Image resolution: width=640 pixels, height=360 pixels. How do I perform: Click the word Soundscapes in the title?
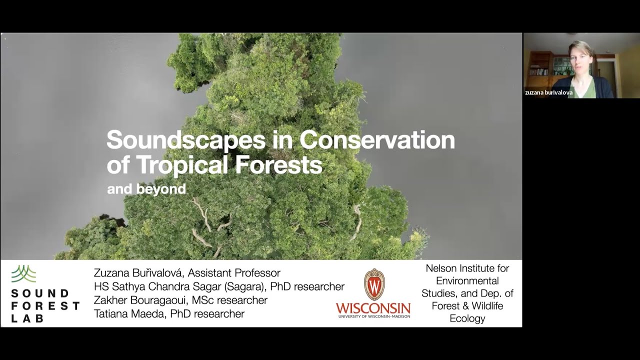pos(185,140)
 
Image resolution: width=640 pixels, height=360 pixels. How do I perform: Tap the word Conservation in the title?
pos(377,140)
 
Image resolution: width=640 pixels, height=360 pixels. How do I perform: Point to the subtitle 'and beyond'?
pos(146,189)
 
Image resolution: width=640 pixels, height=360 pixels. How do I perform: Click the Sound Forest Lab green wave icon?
pos(23,274)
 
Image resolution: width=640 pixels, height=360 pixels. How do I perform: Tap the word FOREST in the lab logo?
pos(45,305)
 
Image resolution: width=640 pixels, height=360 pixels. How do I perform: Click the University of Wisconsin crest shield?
pos(374,284)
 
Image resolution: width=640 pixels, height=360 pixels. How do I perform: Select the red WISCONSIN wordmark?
pos(373,307)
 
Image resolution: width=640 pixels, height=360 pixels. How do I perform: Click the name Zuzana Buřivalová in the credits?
pos(137,273)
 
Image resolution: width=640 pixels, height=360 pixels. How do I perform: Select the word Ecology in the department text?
pos(467,318)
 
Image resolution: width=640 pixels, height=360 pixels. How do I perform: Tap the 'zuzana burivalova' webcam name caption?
pos(548,92)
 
